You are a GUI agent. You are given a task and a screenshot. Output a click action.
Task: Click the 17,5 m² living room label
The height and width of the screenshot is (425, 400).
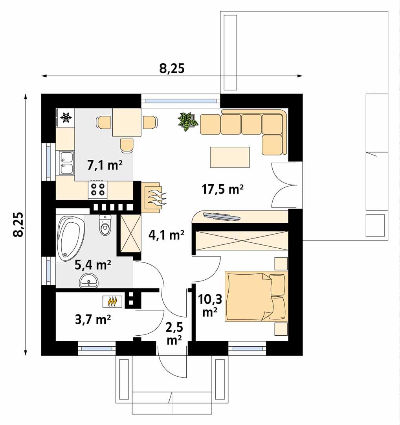[222, 190]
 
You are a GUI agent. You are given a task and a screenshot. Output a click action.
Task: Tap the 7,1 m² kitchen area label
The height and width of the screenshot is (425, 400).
[105, 165]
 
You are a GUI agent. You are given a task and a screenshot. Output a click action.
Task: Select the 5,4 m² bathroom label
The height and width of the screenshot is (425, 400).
[93, 265]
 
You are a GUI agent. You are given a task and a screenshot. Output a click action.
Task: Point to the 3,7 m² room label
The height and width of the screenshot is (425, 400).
[92, 320]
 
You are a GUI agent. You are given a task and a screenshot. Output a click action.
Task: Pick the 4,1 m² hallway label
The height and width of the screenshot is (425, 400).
[167, 235]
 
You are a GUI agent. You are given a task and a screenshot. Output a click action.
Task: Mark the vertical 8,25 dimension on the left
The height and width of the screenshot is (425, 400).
[18, 225]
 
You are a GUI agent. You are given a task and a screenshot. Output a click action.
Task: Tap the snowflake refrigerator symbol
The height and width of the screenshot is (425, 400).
[66, 117]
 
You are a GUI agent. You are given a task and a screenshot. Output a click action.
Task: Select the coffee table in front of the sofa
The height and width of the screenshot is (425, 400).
[230, 157]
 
